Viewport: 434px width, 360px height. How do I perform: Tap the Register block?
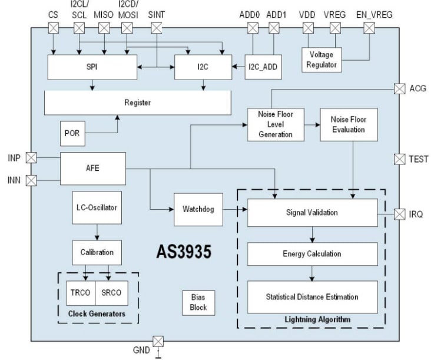pyautogui.click(x=138, y=103)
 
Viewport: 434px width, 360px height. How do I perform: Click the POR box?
pyautogui.click(x=71, y=134)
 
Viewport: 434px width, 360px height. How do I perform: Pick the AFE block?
pyautogui.click(x=93, y=167)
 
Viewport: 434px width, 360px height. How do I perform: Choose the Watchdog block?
pyautogui.click(x=198, y=209)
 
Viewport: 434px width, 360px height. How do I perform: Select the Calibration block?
pyautogui.click(x=97, y=252)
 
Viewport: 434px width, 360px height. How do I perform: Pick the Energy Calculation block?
pyautogui.click(x=312, y=254)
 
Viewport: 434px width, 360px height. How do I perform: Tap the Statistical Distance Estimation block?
pyautogui.click(x=312, y=297)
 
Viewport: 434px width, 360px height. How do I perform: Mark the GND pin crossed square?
pyautogui.click(x=157, y=341)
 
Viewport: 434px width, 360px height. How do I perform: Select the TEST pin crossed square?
pyautogui.click(x=399, y=158)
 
